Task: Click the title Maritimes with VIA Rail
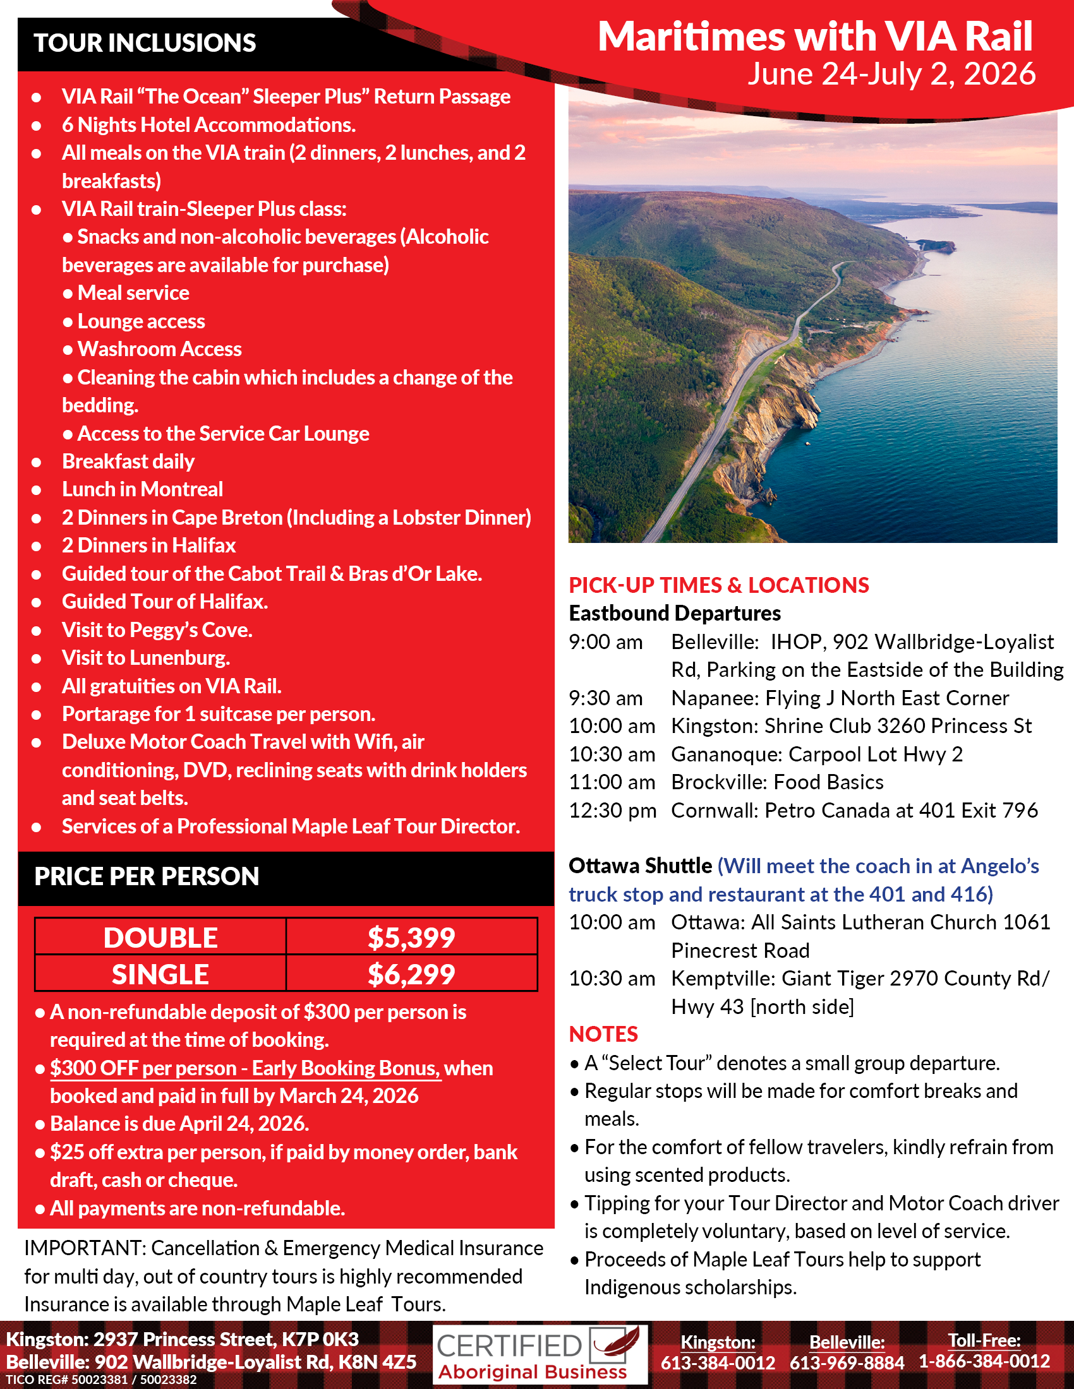pyautogui.click(x=814, y=36)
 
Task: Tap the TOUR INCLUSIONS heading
pyautogui.click(x=145, y=43)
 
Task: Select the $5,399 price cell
pyautogui.click(x=411, y=938)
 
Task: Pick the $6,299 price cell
pyautogui.click(x=411, y=974)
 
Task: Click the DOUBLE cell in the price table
pyautogui.click(x=160, y=938)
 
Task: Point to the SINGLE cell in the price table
pyautogui.click(x=160, y=974)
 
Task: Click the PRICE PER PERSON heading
pyautogui.click(x=147, y=876)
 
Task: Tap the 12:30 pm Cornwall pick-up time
pyautogui.click(x=612, y=811)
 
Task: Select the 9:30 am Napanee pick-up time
pyautogui.click(x=606, y=698)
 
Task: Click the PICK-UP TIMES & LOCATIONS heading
pyautogui.click(x=719, y=585)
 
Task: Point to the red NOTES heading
pyautogui.click(x=603, y=1035)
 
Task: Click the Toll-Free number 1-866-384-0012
pyautogui.click(x=984, y=1362)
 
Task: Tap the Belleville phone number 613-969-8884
pyautogui.click(x=847, y=1363)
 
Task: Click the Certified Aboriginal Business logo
pyautogui.click(x=540, y=1354)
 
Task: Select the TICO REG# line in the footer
pyautogui.click(x=101, y=1380)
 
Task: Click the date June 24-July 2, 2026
pyautogui.click(x=891, y=74)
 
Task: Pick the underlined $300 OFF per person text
pyautogui.click(x=245, y=1068)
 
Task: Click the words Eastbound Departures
pyautogui.click(x=675, y=614)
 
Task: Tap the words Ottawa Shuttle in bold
pyautogui.click(x=640, y=866)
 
